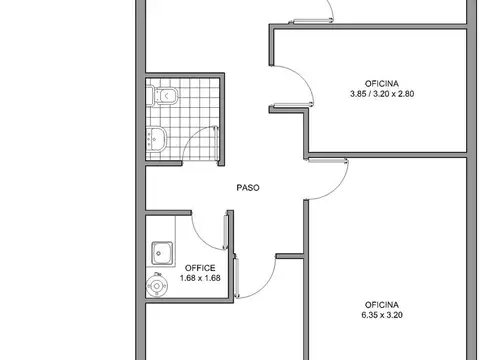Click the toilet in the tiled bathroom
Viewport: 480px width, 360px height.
pos(166,96)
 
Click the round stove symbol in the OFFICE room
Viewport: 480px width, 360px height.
pos(157,285)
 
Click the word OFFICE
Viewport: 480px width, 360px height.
pos(199,267)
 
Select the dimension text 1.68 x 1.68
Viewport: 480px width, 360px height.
pos(199,278)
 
